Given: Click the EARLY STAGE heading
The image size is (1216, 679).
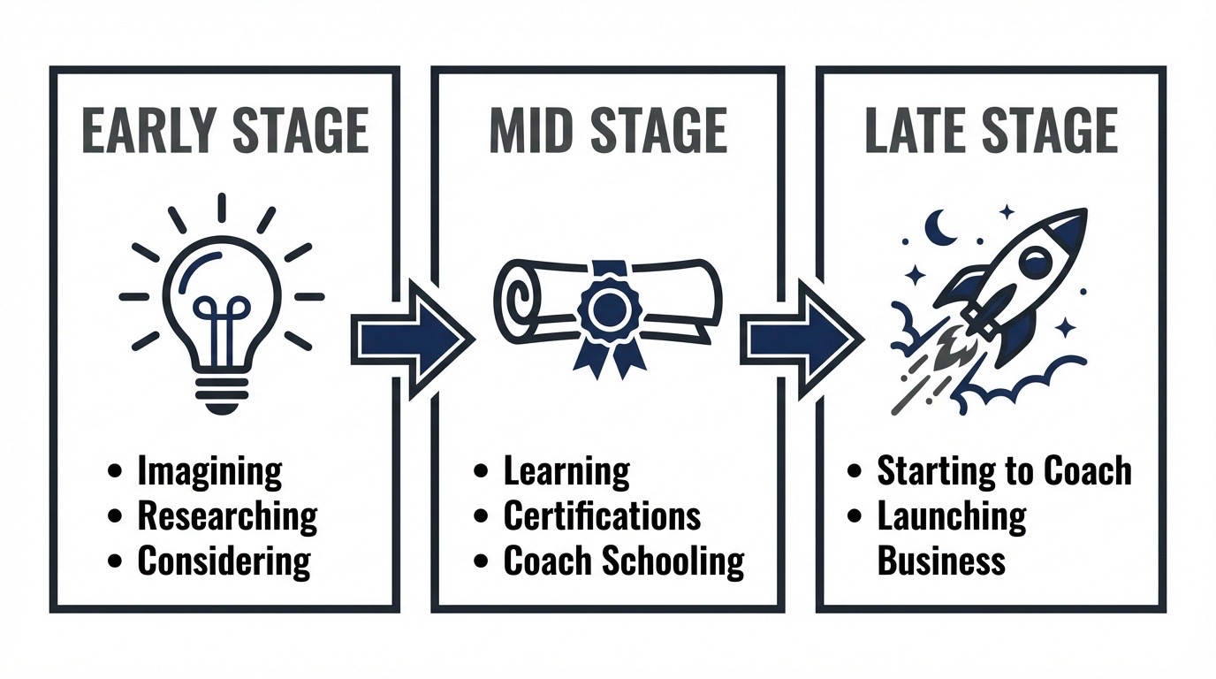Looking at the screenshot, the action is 225,131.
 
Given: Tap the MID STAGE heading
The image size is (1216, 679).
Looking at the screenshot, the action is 608,131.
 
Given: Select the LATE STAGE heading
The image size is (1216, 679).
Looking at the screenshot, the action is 992,131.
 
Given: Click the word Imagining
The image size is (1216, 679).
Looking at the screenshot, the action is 210,471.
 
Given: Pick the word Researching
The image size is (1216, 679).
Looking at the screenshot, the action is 227,516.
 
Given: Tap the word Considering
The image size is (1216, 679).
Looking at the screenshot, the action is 224,561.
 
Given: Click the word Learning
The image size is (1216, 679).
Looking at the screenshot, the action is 566,471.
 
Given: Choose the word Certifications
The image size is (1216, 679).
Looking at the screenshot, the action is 602,515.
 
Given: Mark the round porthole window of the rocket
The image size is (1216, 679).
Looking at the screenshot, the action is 1035,262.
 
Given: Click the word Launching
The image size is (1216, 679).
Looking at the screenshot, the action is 952,516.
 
